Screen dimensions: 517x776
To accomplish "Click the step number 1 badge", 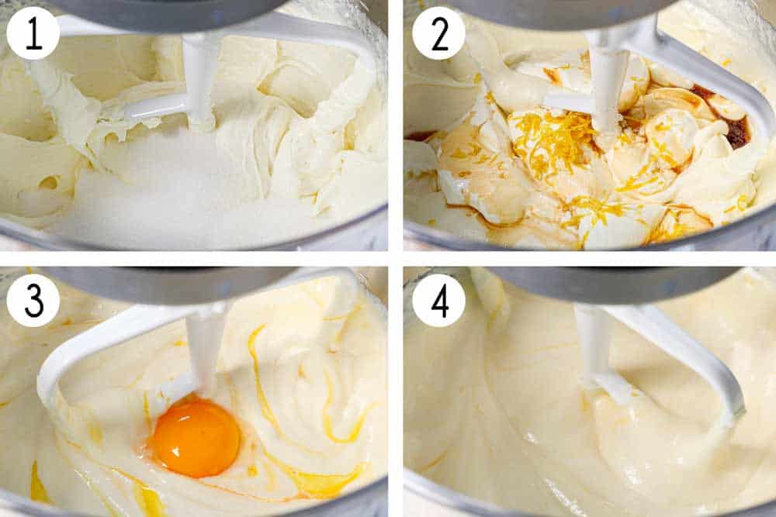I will click(33, 33).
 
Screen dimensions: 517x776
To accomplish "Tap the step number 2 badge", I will click(438, 33).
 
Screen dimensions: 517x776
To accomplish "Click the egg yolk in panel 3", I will click(196, 438).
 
